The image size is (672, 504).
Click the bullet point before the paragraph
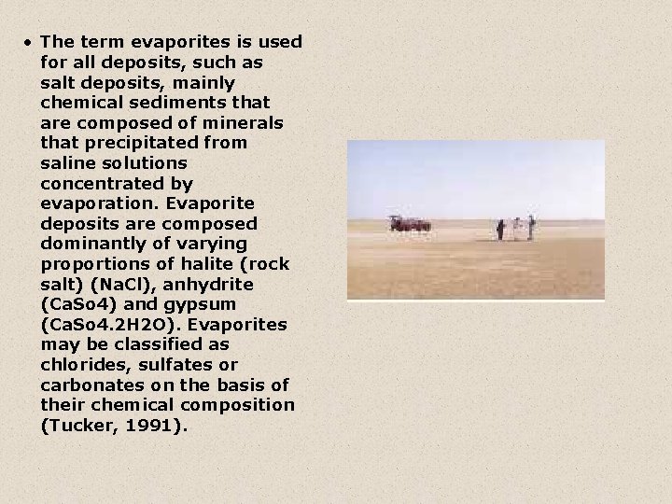click(30, 43)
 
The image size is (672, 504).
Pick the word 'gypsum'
click(204, 305)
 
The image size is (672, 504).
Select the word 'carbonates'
click(90, 385)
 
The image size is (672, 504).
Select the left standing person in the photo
click(500, 230)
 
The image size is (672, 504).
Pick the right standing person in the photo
click(530, 227)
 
